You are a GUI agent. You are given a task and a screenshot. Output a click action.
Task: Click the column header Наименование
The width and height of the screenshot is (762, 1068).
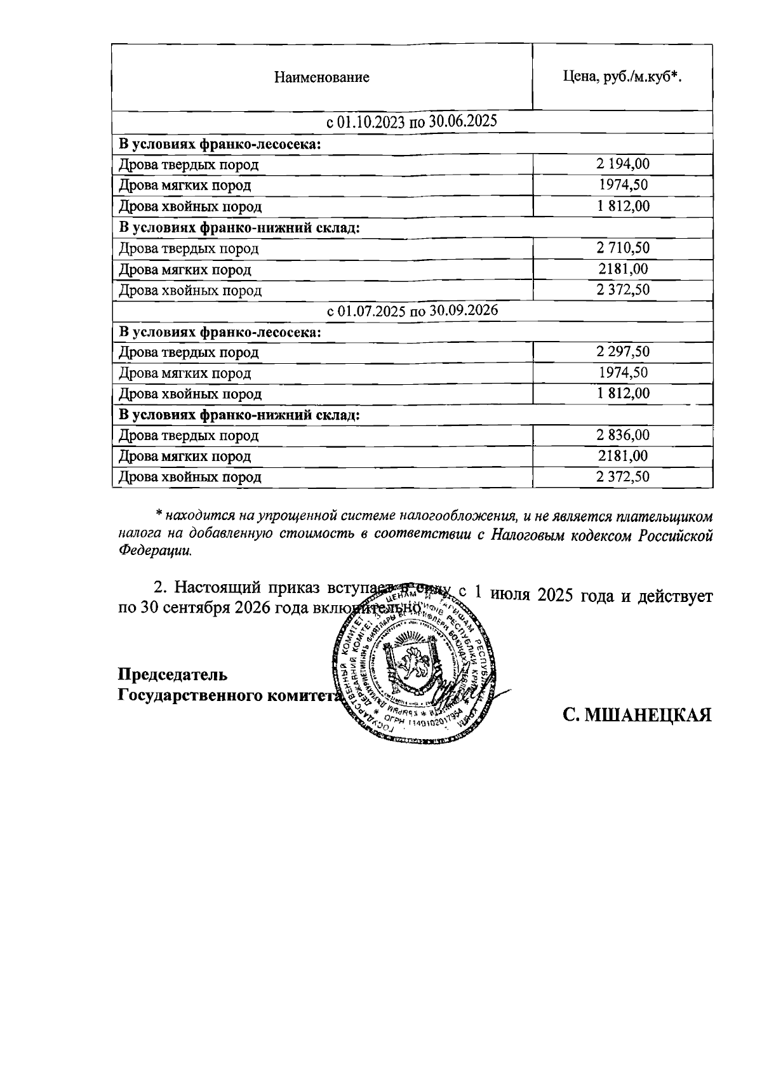click(x=321, y=78)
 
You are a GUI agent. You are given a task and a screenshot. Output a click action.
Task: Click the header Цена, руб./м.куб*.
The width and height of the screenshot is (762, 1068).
click(x=622, y=77)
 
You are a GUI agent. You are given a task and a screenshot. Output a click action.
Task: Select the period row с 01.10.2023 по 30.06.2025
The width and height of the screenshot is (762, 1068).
click(x=411, y=122)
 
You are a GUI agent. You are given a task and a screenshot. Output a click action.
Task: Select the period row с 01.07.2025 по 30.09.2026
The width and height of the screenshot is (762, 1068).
click(x=411, y=311)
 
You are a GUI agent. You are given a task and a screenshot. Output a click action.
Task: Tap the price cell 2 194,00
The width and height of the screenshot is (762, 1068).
click(x=622, y=164)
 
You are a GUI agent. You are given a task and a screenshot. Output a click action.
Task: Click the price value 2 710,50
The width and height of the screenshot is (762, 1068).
click(x=622, y=248)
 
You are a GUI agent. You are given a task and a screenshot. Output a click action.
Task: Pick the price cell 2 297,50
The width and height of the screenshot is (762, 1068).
click(x=622, y=352)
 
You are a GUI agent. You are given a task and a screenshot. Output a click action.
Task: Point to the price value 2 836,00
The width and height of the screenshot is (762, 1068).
click(x=622, y=436)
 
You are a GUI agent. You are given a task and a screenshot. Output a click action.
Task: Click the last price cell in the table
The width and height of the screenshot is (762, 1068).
click(x=622, y=477)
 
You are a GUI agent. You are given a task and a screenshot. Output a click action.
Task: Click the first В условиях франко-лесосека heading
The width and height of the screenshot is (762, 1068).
click(x=220, y=144)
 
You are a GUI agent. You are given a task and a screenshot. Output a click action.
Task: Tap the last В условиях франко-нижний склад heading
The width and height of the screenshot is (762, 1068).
click(x=239, y=415)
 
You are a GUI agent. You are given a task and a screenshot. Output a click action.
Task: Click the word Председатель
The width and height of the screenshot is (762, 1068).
click(x=173, y=674)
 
